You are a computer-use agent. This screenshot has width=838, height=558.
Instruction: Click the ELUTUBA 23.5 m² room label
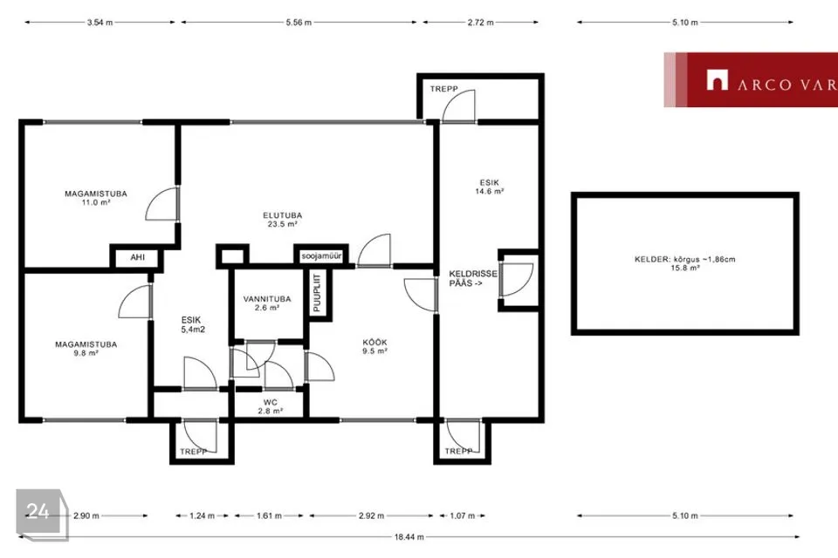(282, 220)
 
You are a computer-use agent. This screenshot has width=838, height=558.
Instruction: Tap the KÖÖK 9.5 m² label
(374, 346)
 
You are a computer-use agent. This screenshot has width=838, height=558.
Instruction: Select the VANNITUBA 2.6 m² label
(267, 303)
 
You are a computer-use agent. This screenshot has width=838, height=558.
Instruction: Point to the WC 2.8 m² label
(271, 406)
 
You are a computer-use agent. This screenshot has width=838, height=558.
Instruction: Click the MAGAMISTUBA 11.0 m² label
(96, 198)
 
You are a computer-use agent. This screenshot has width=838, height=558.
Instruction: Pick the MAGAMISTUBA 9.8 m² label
(86, 349)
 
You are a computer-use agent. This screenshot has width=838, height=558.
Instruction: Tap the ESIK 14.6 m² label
(490, 187)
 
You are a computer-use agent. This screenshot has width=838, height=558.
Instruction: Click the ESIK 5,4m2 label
(192, 324)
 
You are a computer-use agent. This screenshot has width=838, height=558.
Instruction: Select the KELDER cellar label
(684, 263)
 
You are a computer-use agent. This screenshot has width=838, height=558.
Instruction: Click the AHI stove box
(137, 257)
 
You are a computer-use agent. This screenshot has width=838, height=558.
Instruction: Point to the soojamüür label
(321, 256)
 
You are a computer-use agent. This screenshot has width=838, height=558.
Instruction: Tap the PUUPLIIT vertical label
(317, 293)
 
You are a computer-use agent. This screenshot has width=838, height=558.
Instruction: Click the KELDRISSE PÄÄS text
(473, 278)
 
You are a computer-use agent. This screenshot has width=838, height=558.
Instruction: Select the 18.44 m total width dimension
(409, 537)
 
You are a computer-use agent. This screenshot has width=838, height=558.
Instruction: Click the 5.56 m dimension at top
(299, 23)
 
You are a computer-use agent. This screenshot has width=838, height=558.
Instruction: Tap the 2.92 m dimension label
(372, 516)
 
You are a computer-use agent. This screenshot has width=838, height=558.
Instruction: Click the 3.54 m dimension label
(100, 23)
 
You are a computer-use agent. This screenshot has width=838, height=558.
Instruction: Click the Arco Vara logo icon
(718, 80)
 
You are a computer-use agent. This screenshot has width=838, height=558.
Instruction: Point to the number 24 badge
(39, 512)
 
